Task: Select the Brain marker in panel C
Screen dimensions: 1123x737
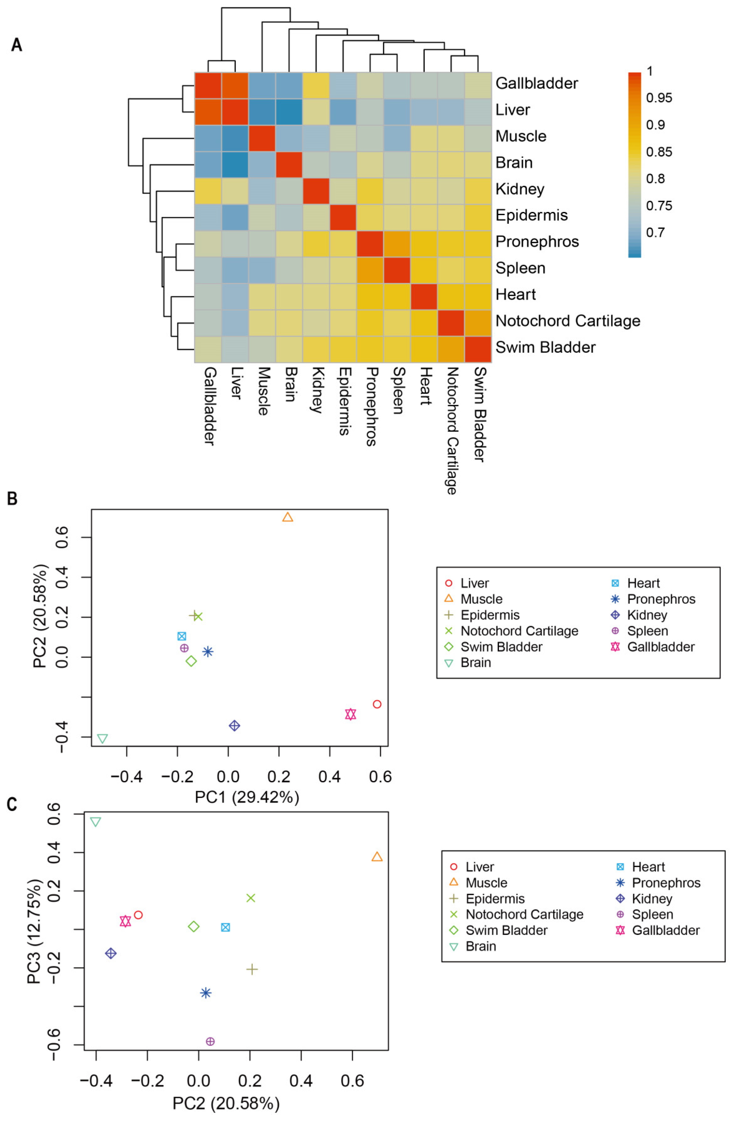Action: tap(96, 822)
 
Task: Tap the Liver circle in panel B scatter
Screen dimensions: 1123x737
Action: tap(376, 704)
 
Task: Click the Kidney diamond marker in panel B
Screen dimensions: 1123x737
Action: tap(234, 725)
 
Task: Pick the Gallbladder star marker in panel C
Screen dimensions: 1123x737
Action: tap(125, 921)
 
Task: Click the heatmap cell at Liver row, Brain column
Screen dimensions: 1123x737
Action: tap(289, 112)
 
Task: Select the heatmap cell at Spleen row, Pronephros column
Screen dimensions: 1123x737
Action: tap(370, 270)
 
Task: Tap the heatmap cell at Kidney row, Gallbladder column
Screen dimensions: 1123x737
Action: tap(208, 191)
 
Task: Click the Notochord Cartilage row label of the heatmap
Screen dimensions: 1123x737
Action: tap(567, 321)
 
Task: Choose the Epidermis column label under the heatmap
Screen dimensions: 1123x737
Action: tap(344, 401)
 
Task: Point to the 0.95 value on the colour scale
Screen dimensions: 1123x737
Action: tap(659, 98)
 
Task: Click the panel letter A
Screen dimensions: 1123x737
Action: tap(17, 45)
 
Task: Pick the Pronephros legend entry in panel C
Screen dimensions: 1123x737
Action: tap(666, 882)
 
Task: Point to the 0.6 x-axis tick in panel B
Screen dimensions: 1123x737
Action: tap(380, 776)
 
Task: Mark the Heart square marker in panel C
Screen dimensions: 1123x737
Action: tap(226, 927)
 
